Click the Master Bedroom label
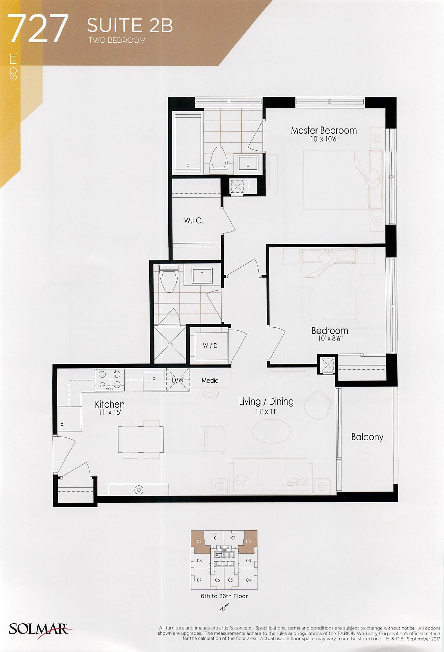[323, 130]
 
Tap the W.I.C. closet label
[193, 220]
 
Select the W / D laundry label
[210, 345]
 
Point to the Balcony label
[367, 437]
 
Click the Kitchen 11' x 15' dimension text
[110, 413]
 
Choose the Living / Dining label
[266, 402]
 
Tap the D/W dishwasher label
[178, 380]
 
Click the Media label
[210, 380]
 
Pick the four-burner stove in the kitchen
[110, 380]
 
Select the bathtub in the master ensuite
[188, 143]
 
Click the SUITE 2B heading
[130, 26]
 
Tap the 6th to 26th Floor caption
[224, 596]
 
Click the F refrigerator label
[62, 426]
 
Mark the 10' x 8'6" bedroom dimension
[330, 338]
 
